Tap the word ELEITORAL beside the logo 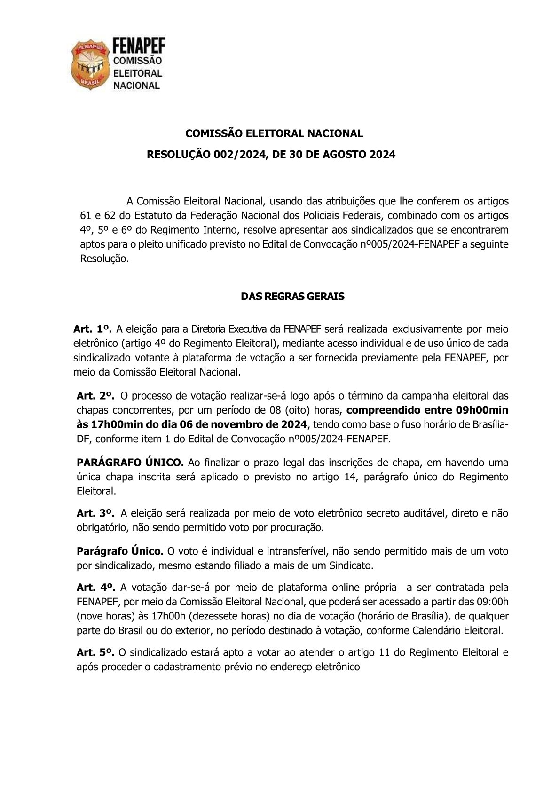(137, 73)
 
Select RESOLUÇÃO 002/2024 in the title (205, 154)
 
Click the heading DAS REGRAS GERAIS (292, 297)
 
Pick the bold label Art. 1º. (92, 329)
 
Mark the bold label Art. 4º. (95, 588)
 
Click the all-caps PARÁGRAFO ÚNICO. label (130, 463)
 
